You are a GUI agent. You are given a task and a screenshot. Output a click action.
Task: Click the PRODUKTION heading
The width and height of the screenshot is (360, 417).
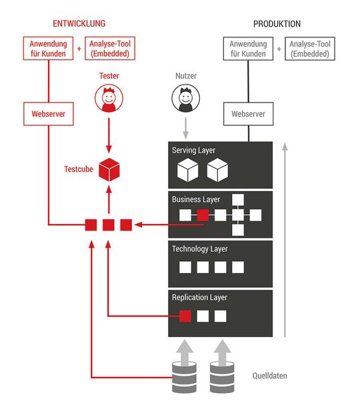[x=277, y=24]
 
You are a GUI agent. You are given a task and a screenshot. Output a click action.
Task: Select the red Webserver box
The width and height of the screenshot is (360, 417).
[x=48, y=114]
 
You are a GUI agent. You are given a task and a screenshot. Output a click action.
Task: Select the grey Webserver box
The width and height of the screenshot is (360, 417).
[x=248, y=114]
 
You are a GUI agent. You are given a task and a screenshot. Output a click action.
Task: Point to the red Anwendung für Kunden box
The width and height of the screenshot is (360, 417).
[x=48, y=49]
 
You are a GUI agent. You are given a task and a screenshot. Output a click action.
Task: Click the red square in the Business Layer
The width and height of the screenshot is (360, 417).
[x=203, y=214]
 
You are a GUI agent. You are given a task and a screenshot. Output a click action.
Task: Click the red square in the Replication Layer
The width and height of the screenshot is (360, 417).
[x=186, y=316]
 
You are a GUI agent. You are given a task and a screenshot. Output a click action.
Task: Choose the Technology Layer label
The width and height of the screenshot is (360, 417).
[x=200, y=248]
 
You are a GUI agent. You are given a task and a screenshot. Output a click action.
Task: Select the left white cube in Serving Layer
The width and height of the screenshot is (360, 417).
[x=187, y=172]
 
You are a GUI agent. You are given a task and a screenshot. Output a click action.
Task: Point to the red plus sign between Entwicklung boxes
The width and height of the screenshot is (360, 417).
[x=79, y=49]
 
